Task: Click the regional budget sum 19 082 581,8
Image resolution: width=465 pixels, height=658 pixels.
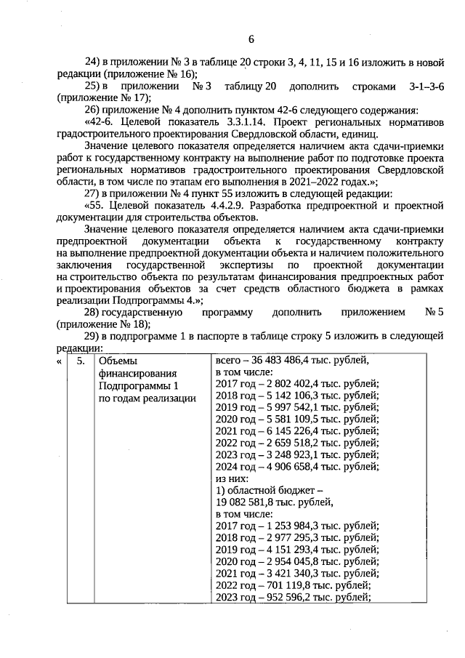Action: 251,502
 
